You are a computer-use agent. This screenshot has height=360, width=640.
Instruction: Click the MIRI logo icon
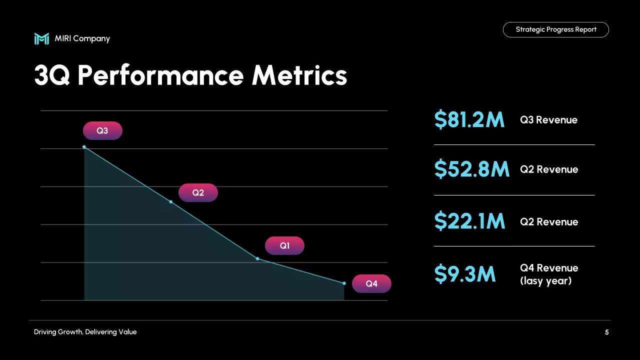point(41,38)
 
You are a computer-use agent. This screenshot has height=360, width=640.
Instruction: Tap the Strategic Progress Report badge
point(555,29)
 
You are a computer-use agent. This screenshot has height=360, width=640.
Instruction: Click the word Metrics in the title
point(299,75)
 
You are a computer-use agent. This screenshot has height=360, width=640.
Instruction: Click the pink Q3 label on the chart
point(102,130)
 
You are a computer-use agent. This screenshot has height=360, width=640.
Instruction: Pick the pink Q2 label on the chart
point(198,192)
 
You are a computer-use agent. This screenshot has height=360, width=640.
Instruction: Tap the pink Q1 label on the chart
point(284,245)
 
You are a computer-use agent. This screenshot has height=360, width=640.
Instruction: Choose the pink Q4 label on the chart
point(371,283)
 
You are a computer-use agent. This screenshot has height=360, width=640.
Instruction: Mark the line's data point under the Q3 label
point(84,147)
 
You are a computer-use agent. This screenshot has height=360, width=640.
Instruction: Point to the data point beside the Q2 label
point(171,202)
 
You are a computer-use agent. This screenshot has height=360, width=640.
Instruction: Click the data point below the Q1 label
point(257,258)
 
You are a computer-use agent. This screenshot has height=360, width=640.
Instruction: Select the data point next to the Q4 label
point(344,283)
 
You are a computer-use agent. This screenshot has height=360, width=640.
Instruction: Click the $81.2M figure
point(469,120)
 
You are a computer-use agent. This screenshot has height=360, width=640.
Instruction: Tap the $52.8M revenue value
point(471,169)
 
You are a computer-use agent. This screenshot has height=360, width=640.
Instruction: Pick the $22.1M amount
point(469,221)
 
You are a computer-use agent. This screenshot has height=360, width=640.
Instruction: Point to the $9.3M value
point(464,274)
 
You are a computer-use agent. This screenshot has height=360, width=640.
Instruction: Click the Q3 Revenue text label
point(548,120)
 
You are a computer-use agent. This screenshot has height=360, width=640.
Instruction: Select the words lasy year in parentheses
point(545,281)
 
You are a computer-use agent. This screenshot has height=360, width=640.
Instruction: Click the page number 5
point(607,332)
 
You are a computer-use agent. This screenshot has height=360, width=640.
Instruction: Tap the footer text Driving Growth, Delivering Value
point(85,332)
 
